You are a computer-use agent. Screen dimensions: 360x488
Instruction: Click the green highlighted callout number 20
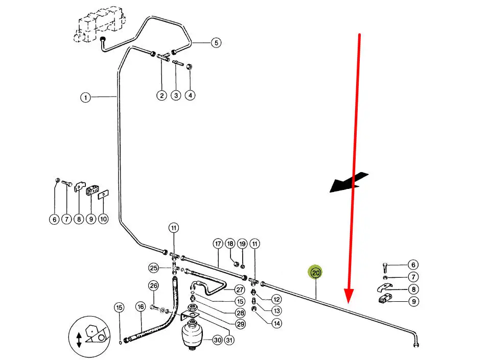315,273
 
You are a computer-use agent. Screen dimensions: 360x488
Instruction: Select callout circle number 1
85,97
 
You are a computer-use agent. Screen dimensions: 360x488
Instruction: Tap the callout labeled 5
216,43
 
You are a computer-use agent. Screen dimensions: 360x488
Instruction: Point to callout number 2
162,95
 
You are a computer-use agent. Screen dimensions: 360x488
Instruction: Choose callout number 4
190,95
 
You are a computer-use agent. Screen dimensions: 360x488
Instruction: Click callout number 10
103,219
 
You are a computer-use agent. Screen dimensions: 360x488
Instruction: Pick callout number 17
218,244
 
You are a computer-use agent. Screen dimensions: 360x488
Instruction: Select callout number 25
154,268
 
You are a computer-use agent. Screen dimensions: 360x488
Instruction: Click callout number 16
141,307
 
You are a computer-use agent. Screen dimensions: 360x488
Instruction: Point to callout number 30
218,340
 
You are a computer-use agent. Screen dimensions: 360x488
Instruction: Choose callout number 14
276,323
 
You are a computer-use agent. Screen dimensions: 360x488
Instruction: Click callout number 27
240,290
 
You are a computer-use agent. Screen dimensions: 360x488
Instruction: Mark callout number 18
230,244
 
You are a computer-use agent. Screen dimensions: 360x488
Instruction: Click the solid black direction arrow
349,182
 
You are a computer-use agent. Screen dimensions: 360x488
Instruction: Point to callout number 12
276,299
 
